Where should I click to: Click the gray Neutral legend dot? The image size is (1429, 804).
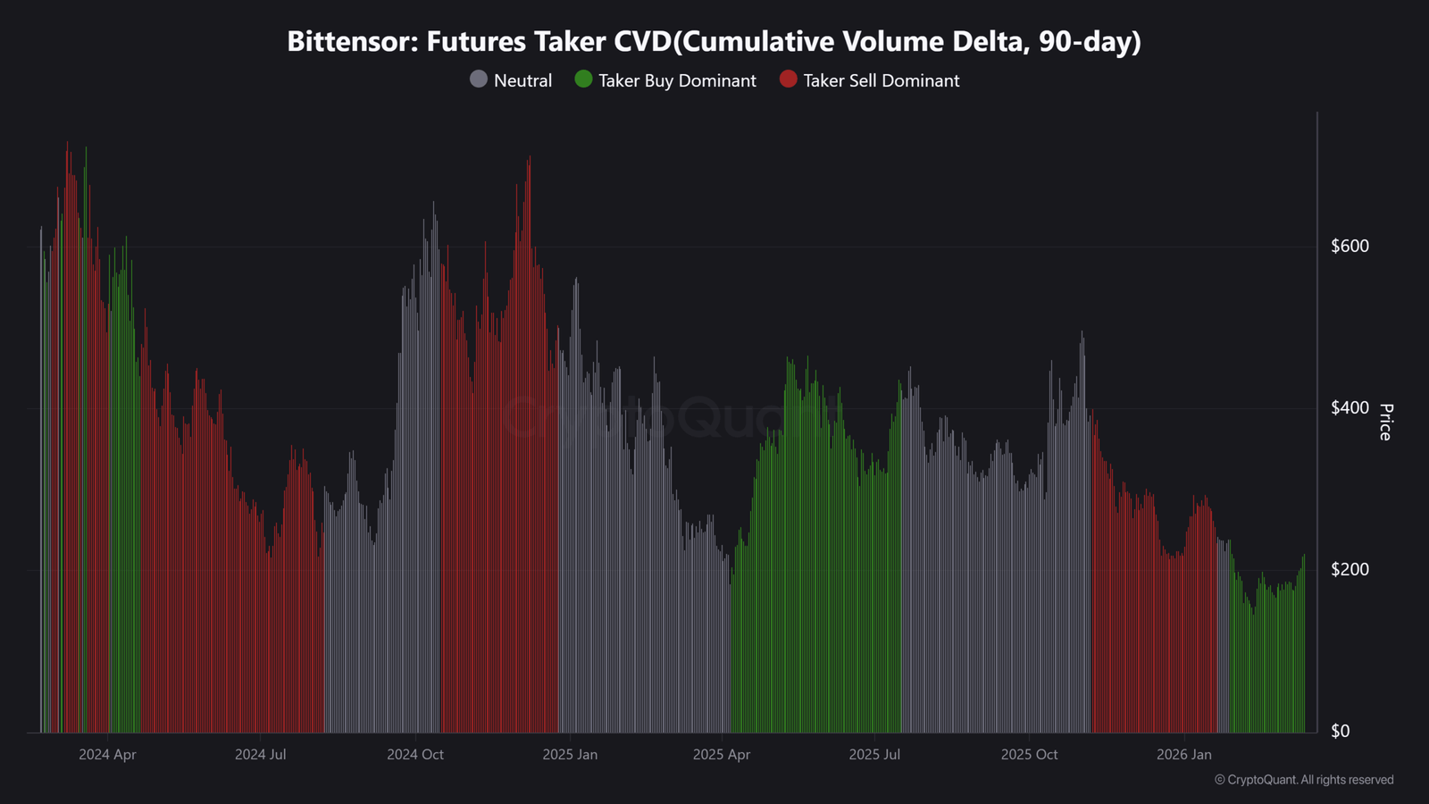[x=479, y=80]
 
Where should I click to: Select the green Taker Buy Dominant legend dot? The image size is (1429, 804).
[x=583, y=80]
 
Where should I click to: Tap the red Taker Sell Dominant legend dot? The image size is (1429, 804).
[x=788, y=80]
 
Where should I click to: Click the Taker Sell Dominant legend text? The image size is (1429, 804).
[x=881, y=80]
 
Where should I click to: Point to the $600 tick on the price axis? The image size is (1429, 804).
[x=1350, y=246]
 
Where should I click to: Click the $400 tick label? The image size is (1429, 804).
[x=1350, y=407]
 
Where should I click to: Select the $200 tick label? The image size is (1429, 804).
[x=1350, y=569]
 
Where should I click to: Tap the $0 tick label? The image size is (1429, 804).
[x=1340, y=731]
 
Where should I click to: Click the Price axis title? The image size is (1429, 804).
[x=1385, y=422]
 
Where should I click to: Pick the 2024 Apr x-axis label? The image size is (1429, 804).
[x=107, y=755]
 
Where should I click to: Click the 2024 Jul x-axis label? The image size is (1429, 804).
[x=261, y=755]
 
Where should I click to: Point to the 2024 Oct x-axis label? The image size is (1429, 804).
[x=415, y=755]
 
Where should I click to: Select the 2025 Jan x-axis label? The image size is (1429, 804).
[x=570, y=755]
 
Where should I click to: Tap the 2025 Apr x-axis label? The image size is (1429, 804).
[x=722, y=755]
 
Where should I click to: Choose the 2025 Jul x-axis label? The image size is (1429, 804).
[x=874, y=755]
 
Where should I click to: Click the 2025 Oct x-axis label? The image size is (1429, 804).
[x=1029, y=755]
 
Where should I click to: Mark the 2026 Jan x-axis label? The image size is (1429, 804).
[x=1184, y=755]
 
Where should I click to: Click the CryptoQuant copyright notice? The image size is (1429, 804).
[x=1304, y=780]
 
